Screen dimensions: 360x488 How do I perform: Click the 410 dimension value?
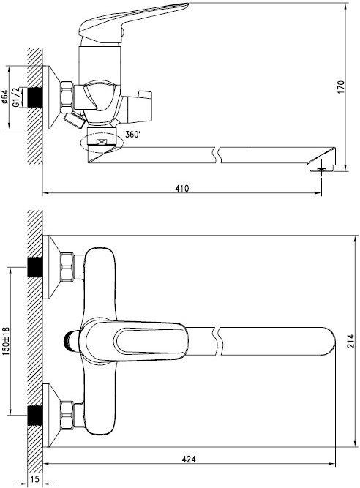pyautogui.click(x=182, y=188)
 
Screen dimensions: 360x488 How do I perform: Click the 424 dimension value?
pyautogui.click(x=189, y=459)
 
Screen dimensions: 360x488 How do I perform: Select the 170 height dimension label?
pyautogui.click(x=341, y=87)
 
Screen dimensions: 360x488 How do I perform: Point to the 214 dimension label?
pyautogui.click(x=350, y=341)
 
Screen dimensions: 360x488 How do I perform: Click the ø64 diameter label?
pyautogui.click(x=4, y=97)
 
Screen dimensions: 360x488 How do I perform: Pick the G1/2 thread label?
pyautogui.click(x=16, y=97)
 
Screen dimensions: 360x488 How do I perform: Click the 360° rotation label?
pyautogui.click(x=133, y=135)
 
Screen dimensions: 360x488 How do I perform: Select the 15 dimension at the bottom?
pyautogui.click(x=35, y=479)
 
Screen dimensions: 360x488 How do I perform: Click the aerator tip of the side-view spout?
pyautogui.click(x=321, y=168)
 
